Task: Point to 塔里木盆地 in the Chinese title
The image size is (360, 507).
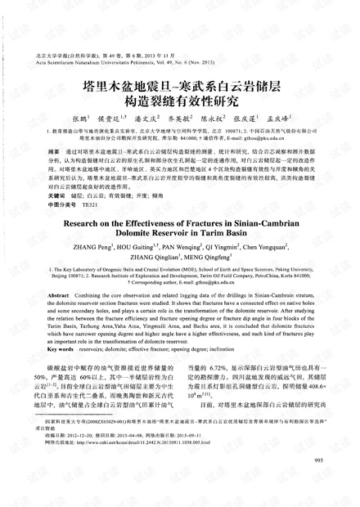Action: pos(129,85)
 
